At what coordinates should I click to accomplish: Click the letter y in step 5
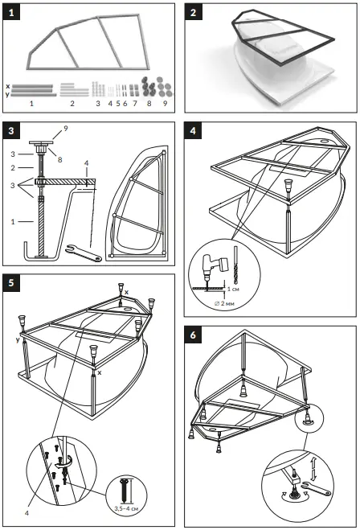(x=17, y=339)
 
